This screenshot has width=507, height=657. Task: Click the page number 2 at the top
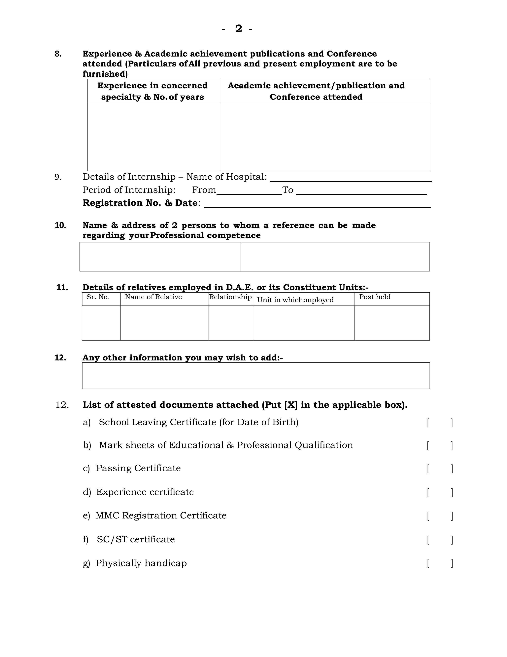238,29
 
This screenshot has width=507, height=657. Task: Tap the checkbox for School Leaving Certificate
440,423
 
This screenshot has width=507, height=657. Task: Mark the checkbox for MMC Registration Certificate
440,516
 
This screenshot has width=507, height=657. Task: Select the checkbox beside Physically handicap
440,563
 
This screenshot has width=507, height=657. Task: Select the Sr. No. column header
98,297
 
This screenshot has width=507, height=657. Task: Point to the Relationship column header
230,297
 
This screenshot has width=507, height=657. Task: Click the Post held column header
375,297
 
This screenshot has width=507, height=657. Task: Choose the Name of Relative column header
153,297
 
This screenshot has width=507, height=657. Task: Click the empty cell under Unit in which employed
304,323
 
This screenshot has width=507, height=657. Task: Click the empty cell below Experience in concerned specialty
153,136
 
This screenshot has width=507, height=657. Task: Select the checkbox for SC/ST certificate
440,540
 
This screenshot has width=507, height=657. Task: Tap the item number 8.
58,54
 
